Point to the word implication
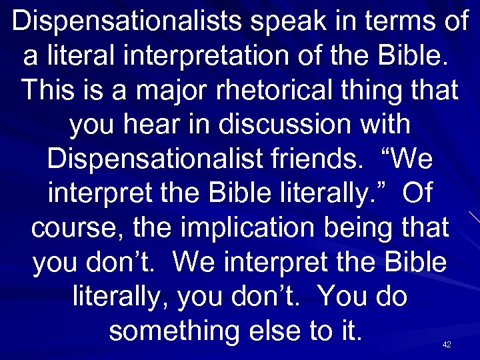click(256, 229)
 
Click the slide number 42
click(447, 345)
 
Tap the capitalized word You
click(343, 297)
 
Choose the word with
click(386, 126)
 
